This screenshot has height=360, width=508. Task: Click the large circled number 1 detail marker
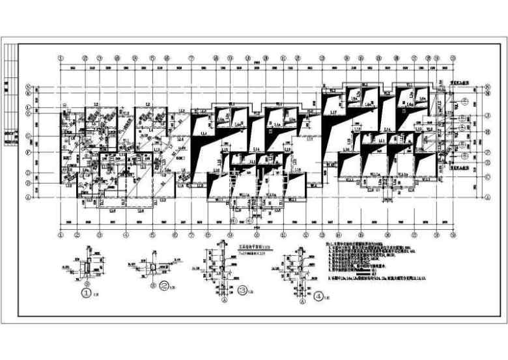(85, 294)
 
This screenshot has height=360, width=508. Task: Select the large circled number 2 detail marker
(165, 285)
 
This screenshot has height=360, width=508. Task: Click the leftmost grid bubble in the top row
(61, 57)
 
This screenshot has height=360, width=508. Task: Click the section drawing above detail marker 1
(88, 264)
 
